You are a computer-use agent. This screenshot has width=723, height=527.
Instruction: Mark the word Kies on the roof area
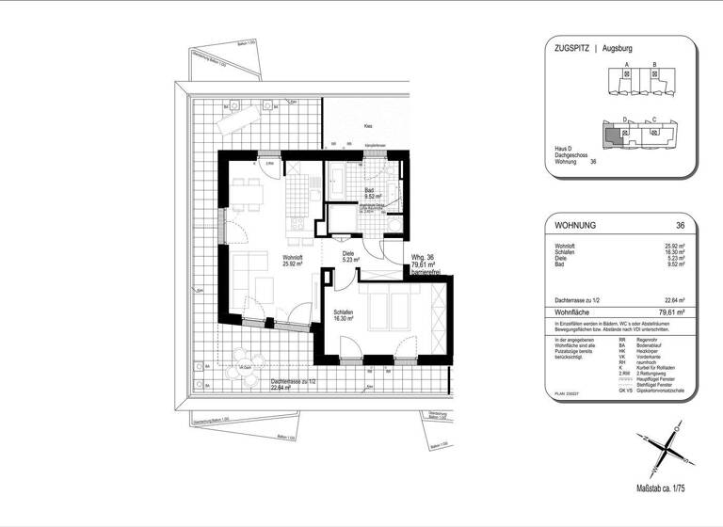[369, 125]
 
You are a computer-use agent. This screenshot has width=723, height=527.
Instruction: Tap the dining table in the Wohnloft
[248, 197]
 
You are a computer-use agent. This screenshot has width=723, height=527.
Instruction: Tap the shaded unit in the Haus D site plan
[613, 136]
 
